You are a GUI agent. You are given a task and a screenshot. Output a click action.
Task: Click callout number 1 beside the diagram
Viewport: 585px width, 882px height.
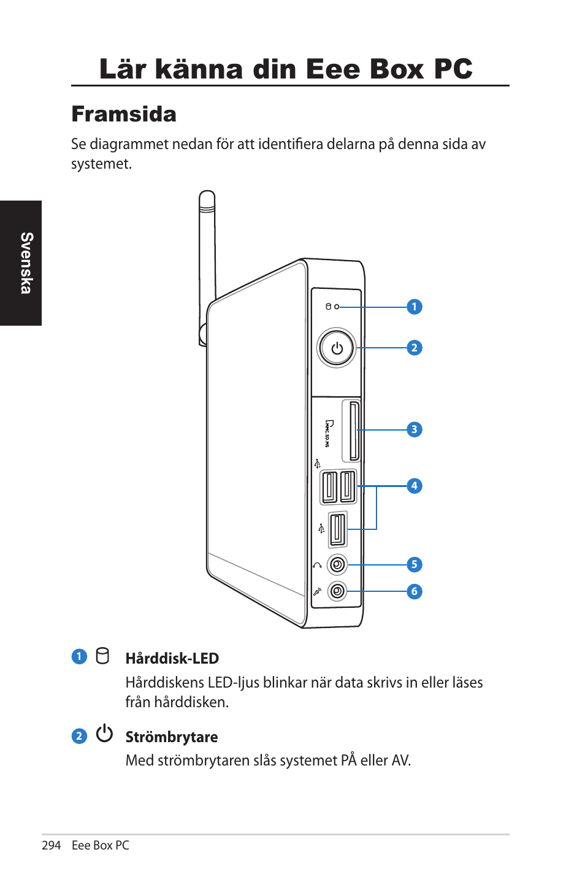click(x=415, y=307)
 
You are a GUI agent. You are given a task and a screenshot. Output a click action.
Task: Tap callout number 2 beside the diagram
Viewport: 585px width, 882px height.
click(x=415, y=348)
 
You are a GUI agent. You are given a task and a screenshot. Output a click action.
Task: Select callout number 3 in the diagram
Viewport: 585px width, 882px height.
click(x=415, y=429)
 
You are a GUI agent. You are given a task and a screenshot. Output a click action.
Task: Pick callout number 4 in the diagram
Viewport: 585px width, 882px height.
click(x=415, y=486)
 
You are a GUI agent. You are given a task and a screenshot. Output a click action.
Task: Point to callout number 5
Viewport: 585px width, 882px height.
click(x=415, y=564)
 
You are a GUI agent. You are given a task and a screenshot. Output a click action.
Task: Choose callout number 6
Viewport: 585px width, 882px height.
click(x=415, y=591)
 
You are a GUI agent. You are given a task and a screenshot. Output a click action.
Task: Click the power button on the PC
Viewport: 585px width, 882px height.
click(x=337, y=348)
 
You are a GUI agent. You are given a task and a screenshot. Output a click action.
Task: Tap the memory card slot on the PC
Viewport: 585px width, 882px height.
click(x=354, y=431)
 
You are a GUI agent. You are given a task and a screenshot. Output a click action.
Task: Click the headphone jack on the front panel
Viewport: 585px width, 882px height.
click(x=337, y=564)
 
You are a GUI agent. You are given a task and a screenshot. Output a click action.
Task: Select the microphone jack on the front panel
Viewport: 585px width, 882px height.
click(x=337, y=591)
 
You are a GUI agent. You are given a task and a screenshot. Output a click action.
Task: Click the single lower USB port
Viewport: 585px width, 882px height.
click(x=337, y=529)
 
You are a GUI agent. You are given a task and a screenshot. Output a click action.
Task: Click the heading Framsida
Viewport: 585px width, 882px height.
click(x=124, y=114)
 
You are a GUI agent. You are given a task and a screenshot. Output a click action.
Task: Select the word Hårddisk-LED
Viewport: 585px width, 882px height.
click(x=172, y=659)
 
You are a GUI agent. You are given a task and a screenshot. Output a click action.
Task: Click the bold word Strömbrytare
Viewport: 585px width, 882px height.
click(x=172, y=737)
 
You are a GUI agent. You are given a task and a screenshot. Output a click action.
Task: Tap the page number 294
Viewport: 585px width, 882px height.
click(x=52, y=845)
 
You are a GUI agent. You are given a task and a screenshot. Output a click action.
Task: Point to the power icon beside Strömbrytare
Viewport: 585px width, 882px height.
click(x=104, y=734)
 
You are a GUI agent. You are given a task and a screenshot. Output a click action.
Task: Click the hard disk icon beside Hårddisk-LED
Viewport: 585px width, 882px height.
click(x=103, y=656)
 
